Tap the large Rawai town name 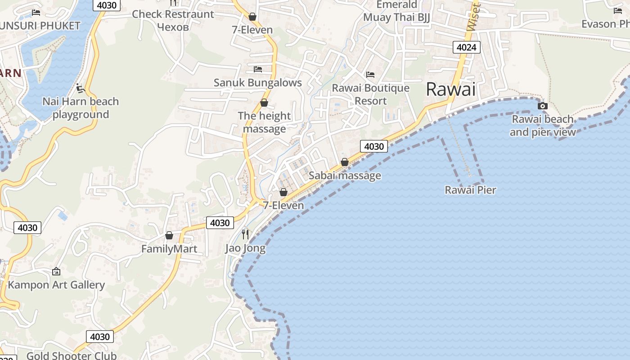point(450,89)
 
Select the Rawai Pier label point(470,190)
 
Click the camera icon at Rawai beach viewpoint point(543,106)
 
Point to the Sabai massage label point(345,175)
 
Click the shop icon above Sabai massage point(345,162)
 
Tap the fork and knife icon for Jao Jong point(245,234)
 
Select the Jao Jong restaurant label point(245,248)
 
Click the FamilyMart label point(169,249)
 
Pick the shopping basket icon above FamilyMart point(169,235)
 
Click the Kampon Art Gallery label point(56,285)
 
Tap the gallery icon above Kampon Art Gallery point(56,271)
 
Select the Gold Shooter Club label point(72,355)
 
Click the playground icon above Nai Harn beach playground point(81,88)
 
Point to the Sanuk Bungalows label point(257,83)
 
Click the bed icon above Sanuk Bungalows point(258,69)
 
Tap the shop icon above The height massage point(264,103)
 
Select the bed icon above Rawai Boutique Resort point(370,74)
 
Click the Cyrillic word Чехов point(173,27)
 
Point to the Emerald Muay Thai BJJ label point(396,11)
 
